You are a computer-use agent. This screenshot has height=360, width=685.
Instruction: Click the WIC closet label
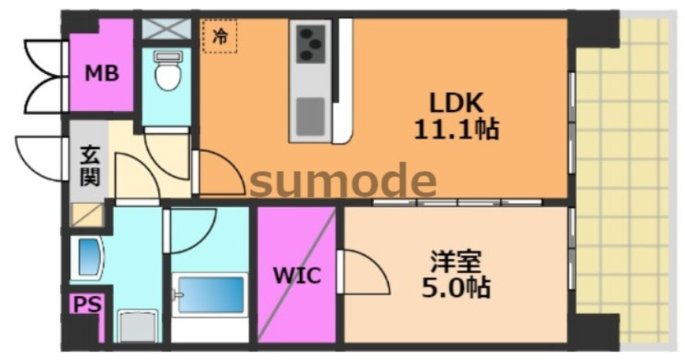(295, 276)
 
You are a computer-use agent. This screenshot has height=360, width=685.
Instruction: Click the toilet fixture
(168, 72)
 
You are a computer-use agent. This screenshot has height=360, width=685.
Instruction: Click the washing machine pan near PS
(136, 327)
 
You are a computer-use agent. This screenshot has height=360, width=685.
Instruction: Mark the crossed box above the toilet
(167, 28)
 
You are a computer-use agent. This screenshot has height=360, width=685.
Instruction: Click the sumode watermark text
(342, 181)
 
